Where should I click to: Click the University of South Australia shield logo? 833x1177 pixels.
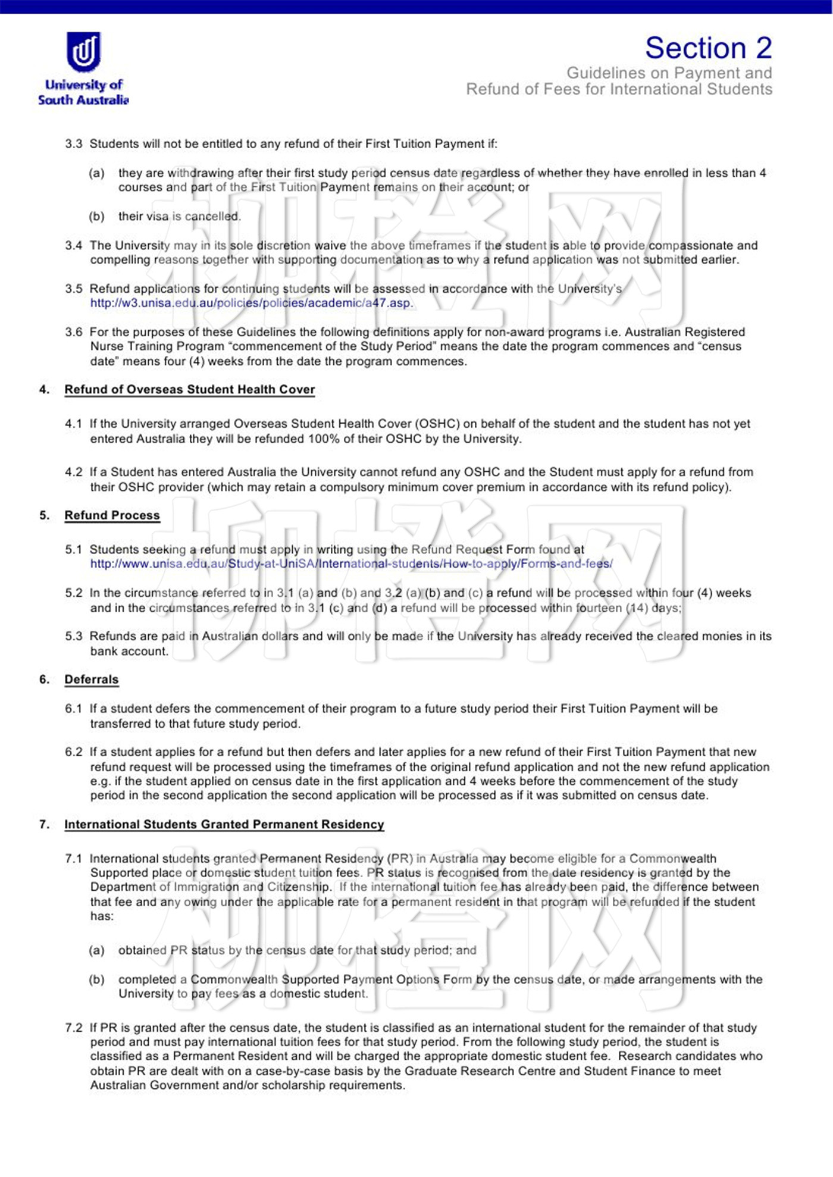click(83, 52)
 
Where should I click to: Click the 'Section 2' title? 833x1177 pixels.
click(708, 48)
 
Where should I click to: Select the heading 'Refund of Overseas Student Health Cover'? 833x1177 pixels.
click(189, 390)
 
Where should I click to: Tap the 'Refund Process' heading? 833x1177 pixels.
click(112, 515)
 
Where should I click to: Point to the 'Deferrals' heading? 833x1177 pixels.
click(92, 680)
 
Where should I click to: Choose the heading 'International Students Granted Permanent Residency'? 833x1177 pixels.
click(224, 824)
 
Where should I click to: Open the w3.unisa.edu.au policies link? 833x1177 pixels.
click(250, 303)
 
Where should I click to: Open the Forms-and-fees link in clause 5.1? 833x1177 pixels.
click(351, 564)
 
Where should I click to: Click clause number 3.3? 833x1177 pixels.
click(74, 144)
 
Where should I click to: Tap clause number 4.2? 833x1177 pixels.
click(74, 472)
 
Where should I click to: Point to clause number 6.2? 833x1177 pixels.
click(74, 752)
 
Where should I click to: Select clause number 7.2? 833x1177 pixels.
click(74, 1028)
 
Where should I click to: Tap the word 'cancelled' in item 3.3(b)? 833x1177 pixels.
click(212, 217)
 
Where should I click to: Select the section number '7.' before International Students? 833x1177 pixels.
click(44, 824)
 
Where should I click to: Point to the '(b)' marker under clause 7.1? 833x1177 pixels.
click(96, 979)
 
